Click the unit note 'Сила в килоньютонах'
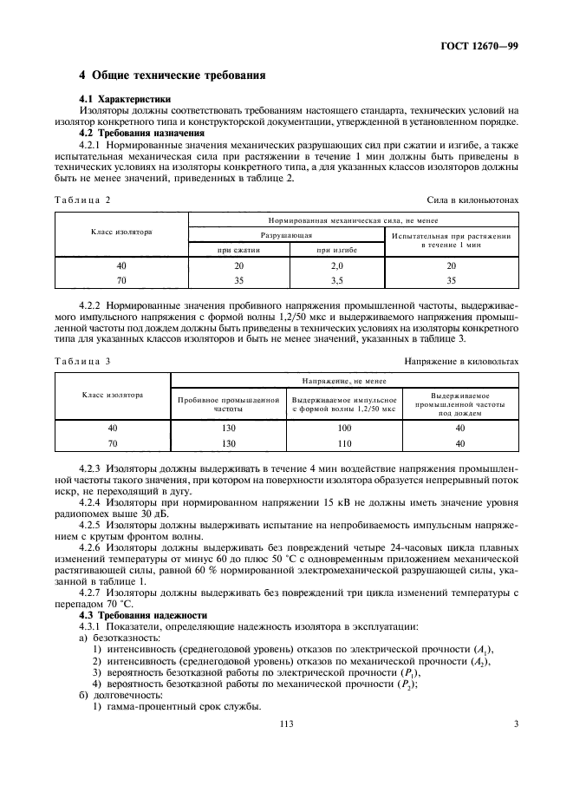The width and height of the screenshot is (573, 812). click(x=473, y=200)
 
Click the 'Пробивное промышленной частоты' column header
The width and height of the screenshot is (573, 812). click(x=229, y=403)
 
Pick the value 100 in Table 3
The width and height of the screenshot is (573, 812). click(x=344, y=428)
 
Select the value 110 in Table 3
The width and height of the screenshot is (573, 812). click(x=344, y=442)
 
